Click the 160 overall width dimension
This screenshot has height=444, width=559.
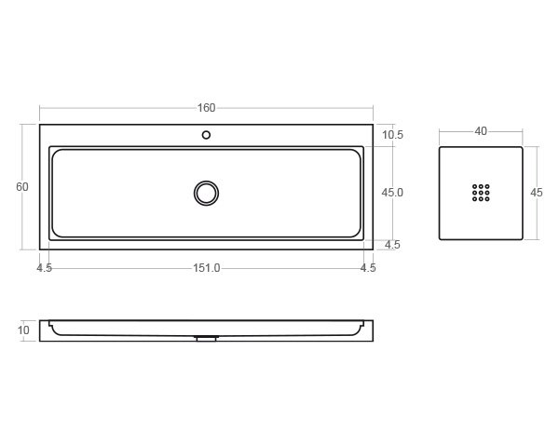click(206, 108)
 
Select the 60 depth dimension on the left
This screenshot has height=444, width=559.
click(22, 187)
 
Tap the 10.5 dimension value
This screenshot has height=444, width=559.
click(392, 135)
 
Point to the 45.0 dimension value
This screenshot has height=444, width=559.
click(392, 193)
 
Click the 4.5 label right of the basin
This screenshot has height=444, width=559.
click(392, 245)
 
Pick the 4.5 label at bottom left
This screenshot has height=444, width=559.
click(44, 268)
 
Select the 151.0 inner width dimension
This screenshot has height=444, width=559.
click(206, 268)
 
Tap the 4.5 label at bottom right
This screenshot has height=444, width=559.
click(368, 268)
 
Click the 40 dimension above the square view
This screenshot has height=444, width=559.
click(481, 131)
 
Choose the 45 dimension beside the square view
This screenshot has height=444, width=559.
click(537, 193)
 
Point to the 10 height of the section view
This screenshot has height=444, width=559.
click(23, 330)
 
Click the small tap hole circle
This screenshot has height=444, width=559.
click(206, 135)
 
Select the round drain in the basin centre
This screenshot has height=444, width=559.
click(206, 193)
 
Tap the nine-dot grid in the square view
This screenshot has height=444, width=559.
click(481, 193)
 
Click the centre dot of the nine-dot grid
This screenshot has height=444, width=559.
click(481, 193)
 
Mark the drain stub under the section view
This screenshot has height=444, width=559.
click(206, 339)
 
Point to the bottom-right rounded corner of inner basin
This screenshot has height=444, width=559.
click(356, 232)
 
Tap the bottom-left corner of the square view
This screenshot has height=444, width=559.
click(442, 239)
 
